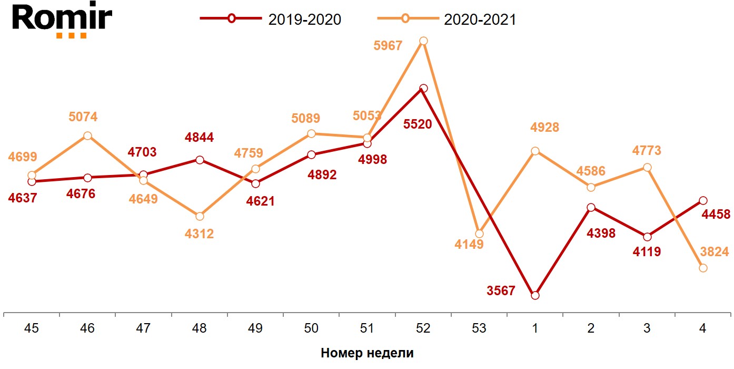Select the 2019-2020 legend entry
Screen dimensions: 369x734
click(x=271, y=19)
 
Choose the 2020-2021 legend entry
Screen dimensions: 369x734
click(x=447, y=19)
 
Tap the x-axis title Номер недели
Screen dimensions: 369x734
click(x=367, y=353)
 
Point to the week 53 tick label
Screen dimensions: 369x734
click(x=479, y=328)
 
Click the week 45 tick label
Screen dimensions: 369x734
click(x=32, y=328)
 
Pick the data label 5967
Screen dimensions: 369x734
click(x=388, y=46)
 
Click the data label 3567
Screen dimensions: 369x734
click(x=501, y=290)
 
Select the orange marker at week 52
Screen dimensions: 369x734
click(x=423, y=41)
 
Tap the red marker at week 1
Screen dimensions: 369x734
click(x=535, y=296)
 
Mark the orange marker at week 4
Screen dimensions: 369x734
click(x=703, y=268)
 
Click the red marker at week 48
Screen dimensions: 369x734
click(x=200, y=160)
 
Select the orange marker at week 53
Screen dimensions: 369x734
click(x=479, y=234)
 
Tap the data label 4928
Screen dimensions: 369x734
click(x=544, y=128)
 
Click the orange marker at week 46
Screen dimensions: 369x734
click(x=87, y=136)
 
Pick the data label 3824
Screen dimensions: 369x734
click(x=714, y=252)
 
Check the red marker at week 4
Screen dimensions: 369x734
click(x=703, y=200)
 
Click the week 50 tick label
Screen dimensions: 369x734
click(x=311, y=328)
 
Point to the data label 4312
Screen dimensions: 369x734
click(x=200, y=234)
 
